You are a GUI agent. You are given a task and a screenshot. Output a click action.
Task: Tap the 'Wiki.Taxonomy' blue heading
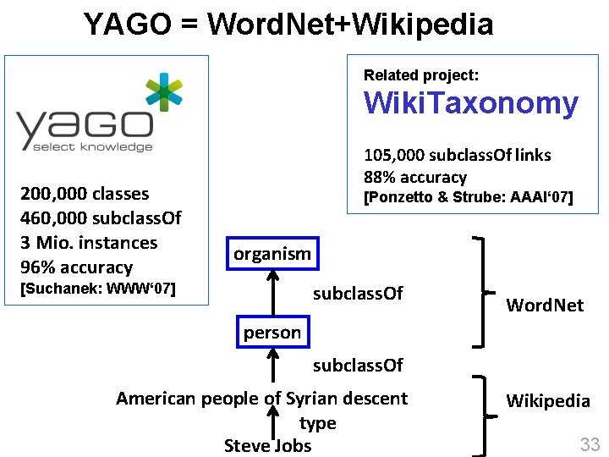point(471,104)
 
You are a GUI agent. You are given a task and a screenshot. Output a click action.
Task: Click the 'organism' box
point(272,254)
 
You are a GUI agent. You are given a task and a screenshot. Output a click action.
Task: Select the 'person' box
point(272,333)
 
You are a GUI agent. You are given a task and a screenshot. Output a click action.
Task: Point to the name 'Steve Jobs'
point(267,445)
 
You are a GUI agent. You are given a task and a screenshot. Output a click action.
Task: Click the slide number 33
point(589,443)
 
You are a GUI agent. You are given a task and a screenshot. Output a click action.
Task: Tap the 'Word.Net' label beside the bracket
point(545,306)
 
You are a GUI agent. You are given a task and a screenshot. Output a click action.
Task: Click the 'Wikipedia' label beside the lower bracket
point(548,400)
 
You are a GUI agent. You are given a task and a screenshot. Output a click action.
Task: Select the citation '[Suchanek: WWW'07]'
point(97,289)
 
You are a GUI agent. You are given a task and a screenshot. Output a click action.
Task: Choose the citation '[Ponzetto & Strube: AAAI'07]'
point(468,198)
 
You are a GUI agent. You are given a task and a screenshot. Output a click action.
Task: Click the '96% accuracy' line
point(77,267)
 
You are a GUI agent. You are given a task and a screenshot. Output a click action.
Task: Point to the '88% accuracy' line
point(414,177)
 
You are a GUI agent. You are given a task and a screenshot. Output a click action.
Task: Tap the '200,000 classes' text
point(85,194)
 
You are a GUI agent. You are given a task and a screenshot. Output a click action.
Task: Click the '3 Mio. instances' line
point(89,243)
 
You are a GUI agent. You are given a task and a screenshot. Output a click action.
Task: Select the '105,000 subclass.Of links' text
point(457,155)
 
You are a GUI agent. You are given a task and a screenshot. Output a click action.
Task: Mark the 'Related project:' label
point(420,75)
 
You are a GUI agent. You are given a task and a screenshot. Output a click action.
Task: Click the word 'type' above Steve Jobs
point(317,423)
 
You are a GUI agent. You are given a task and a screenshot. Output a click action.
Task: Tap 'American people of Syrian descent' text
point(261,398)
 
